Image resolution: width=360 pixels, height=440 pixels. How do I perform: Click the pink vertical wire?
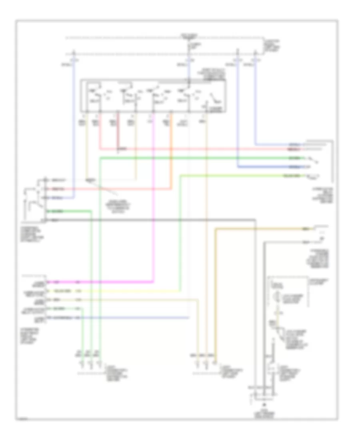[x=154, y=200]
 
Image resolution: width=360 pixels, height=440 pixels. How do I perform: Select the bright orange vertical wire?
[x=172, y=160]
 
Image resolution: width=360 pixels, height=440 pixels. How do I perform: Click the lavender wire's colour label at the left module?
[x=63, y=317]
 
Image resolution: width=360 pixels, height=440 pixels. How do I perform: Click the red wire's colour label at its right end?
[x=294, y=148]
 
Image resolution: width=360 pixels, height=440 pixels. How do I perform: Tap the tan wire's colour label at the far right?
[x=305, y=229]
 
